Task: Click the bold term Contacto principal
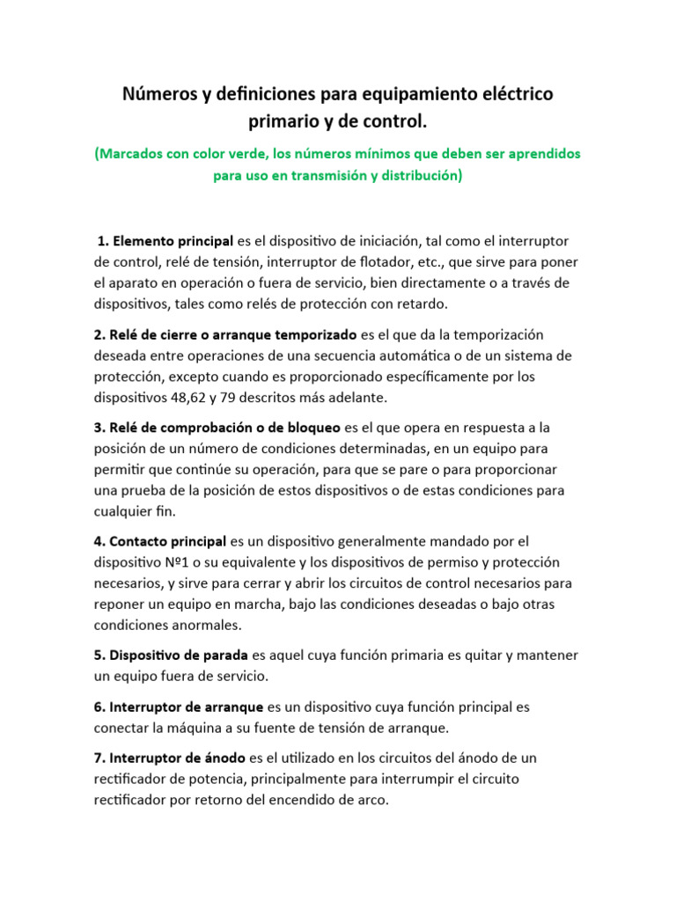(166, 540)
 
